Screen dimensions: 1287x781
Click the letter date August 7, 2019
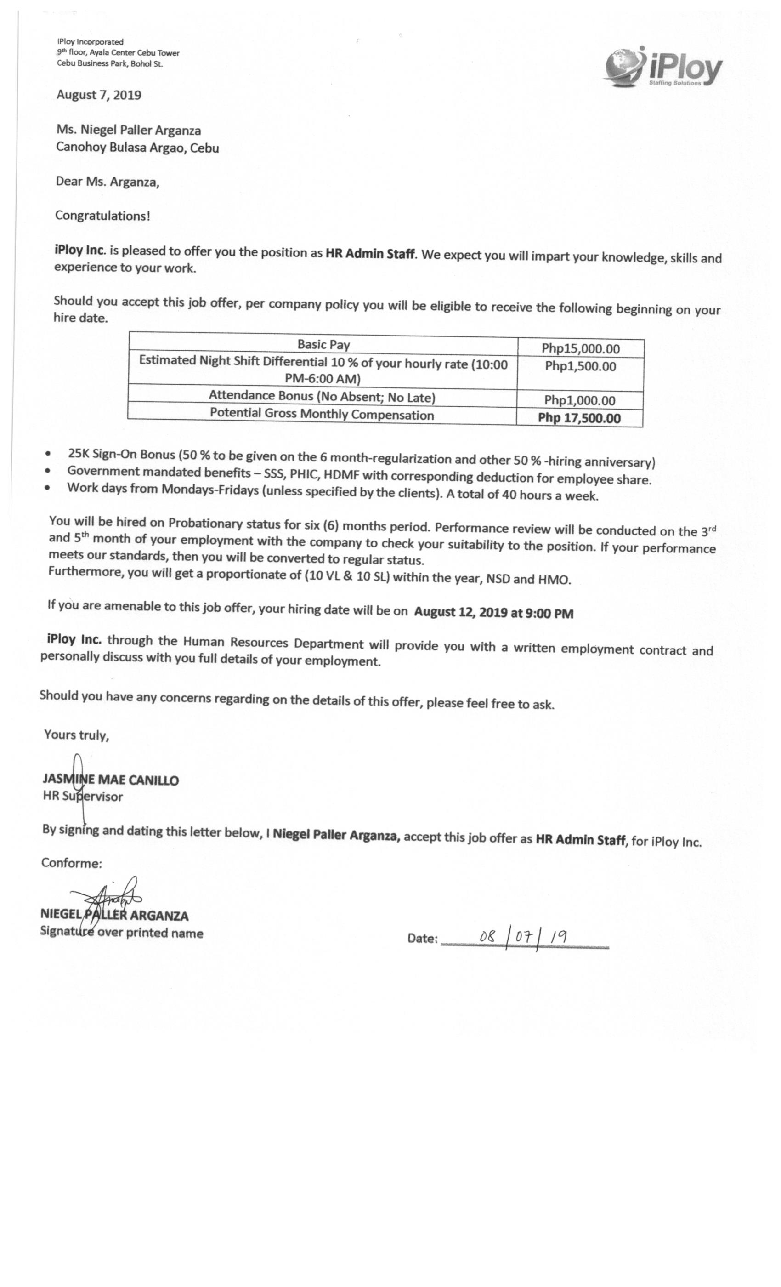[99, 95]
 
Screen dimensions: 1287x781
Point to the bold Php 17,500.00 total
[579, 418]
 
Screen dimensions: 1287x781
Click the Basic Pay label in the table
[323, 345]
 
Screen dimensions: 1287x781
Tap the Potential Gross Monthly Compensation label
[322, 415]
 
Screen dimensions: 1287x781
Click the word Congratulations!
[102, 216]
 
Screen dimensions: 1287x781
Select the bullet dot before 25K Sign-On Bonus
[49, 453]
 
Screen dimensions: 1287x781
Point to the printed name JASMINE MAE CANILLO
[111, 780]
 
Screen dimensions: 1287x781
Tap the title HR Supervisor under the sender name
[83, 797]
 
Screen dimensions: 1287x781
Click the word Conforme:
[72, 863]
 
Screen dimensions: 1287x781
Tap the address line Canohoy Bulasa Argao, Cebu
[137, 148]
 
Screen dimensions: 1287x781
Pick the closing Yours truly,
[76, 735]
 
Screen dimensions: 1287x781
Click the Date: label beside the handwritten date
[422, 939]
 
